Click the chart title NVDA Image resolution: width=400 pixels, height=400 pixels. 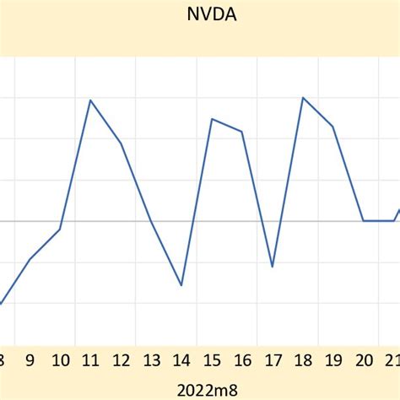coord(200,14)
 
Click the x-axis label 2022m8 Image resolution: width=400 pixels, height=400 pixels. coord(200,389)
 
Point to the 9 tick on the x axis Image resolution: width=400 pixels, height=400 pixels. coord(30,361)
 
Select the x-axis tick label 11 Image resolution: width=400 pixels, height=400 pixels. coord(90,361)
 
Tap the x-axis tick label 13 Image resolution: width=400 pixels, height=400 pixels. coord(151,361)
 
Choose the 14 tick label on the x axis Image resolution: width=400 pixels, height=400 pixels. coord(181,361)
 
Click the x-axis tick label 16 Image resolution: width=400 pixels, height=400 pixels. coord(242,361)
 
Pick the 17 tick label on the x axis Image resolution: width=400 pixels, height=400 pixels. coord(273,361)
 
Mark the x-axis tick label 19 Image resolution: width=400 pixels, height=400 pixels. coord(333,361)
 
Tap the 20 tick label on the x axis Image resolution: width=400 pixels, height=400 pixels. coord(364,361)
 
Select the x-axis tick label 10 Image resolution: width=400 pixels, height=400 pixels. coord(60,361)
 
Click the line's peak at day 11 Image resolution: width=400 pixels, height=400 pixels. coord(90,100)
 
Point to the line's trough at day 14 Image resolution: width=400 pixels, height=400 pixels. coord(181,285)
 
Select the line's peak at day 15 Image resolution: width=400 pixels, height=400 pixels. coord(212,119)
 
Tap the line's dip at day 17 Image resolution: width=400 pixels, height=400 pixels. coord(273,267)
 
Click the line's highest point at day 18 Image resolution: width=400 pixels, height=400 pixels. coord(303,98)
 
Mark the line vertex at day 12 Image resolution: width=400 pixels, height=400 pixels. coord(122,143)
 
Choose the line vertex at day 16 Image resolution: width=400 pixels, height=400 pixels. coord(242,132)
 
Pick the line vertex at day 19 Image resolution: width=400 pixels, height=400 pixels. coord(333,127)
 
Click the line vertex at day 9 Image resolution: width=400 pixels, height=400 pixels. coord(30,259)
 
